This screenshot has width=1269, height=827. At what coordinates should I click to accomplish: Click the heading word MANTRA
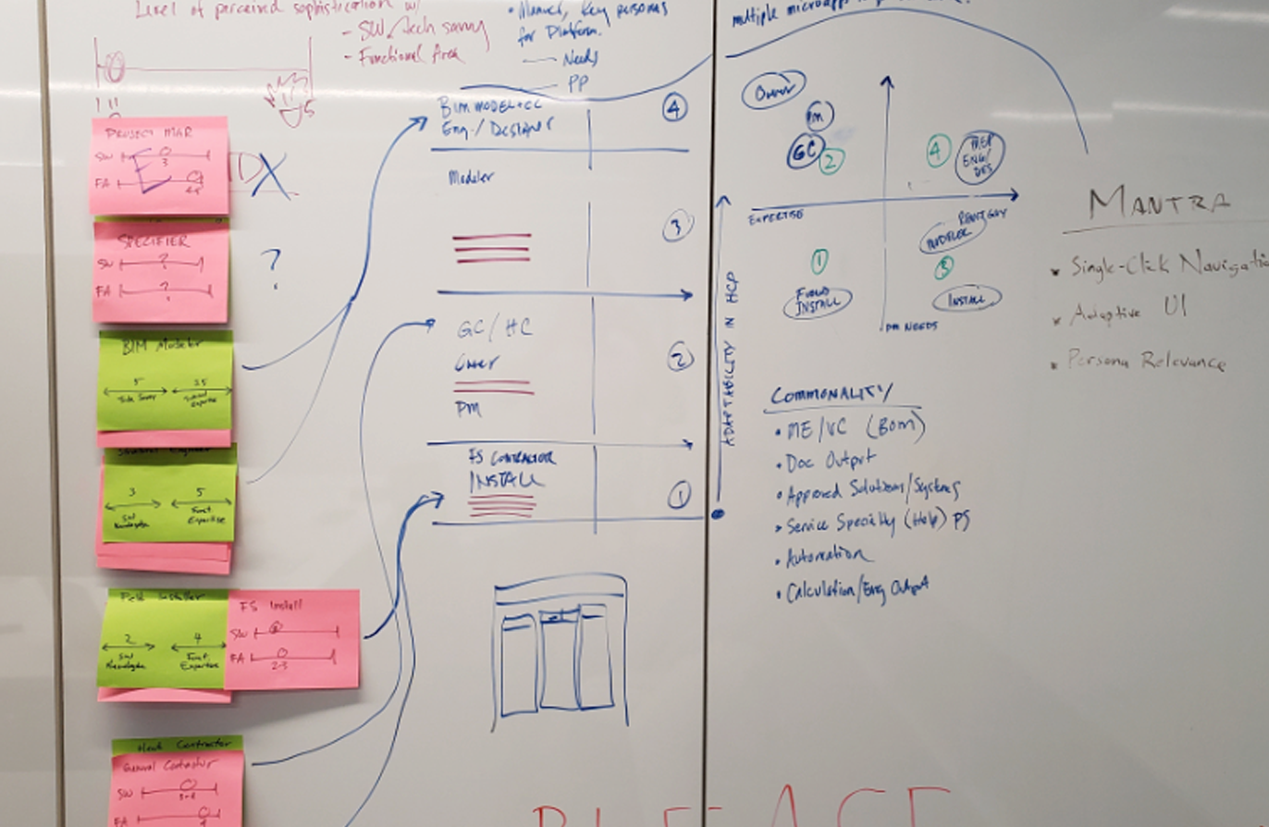pos(1159,203)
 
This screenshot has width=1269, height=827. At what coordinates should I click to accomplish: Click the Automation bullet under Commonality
pos(828,557)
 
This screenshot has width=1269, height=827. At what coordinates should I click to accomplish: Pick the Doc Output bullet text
pos(831,460)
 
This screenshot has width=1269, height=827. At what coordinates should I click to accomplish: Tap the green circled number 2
pos(831,161)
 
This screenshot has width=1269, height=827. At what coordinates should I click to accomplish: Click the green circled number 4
pos(938,151)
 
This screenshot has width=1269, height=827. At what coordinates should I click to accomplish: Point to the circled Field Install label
pos(817,301)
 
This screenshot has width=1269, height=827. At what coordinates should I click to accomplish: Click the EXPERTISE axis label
pos(775,215)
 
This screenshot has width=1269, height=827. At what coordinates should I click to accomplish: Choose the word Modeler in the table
pos(472,177)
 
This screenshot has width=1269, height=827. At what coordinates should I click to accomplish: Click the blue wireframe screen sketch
pos(561,651)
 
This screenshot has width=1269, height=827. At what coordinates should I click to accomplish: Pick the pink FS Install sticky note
pos(292,639)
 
